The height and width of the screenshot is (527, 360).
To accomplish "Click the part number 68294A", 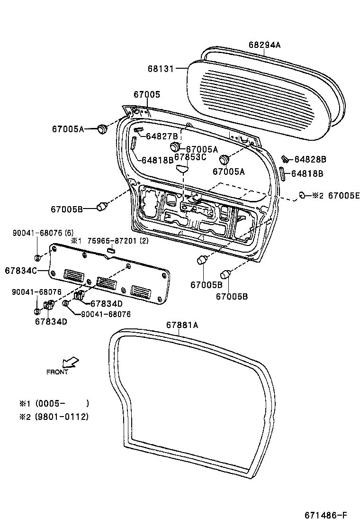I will pos(264,45).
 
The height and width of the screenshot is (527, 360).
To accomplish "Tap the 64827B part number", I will pos(162,136).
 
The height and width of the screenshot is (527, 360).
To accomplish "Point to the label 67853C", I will pos(190,157).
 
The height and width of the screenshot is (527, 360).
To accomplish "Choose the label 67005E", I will pos(344,195).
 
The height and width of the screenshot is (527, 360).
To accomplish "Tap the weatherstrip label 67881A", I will pos(182,325).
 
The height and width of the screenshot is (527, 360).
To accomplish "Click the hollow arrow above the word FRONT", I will pos(72,363).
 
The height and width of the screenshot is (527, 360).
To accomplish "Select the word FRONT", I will pos(57,372).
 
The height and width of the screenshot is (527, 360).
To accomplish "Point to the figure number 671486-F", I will pos(326,515).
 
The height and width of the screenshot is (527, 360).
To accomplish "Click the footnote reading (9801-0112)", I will pos(62,417).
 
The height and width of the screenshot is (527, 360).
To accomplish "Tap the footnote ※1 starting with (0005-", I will pos(54,403).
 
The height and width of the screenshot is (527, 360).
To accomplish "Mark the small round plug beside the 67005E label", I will pos(302,194).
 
